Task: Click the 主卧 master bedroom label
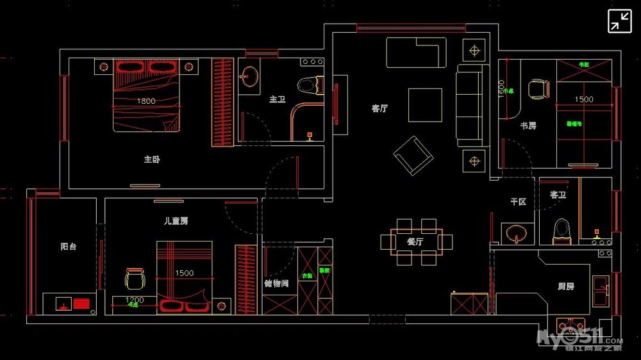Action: (x=152, y=160)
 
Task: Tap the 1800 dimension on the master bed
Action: (x=146, y=101)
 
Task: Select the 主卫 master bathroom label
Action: (x=277, y=100)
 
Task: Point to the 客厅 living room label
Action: (x=379, y=109)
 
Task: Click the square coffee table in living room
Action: (x=425, y=105)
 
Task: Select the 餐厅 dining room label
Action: (x=415, y=242)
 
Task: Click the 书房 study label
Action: (x=528, y=126)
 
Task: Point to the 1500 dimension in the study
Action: (x=583, y=99)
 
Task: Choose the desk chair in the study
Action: (x=538, y=89)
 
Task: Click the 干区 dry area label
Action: (x=518, y=202)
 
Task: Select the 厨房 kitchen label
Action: (x=565, y=286)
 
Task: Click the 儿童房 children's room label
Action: (x=176, y=221)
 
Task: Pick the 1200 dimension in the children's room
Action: (x=134, y=300)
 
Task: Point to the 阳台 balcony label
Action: (x=69, y=246)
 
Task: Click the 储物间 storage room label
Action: (x=276, y=282)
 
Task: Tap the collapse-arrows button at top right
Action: (x=619, y=21)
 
